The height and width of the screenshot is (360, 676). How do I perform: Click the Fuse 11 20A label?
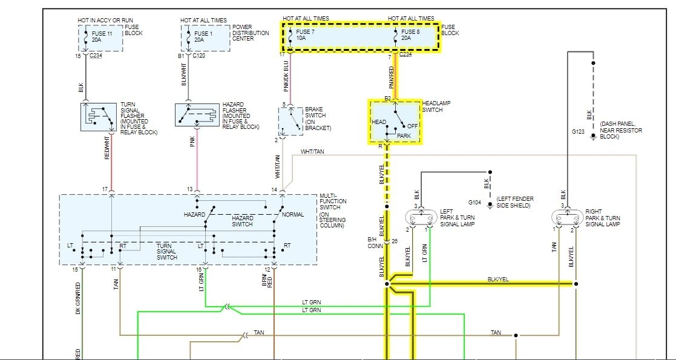tap(102, 36)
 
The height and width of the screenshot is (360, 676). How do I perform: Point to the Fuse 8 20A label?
tap(410, 35)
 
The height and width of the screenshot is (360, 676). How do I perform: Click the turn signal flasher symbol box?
tap(99, 117)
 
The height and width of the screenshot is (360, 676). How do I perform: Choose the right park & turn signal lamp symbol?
tap(568, 217)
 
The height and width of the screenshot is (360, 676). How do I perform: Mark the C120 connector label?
tap(199, 55)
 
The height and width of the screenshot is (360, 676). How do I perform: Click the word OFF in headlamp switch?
tap(413, 126)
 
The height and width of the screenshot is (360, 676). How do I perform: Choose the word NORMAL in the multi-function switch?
tap(293, 215)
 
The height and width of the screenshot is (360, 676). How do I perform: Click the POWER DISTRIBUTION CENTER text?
tap(251, 33)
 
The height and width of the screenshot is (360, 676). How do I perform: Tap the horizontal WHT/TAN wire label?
tap(312, 151)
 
